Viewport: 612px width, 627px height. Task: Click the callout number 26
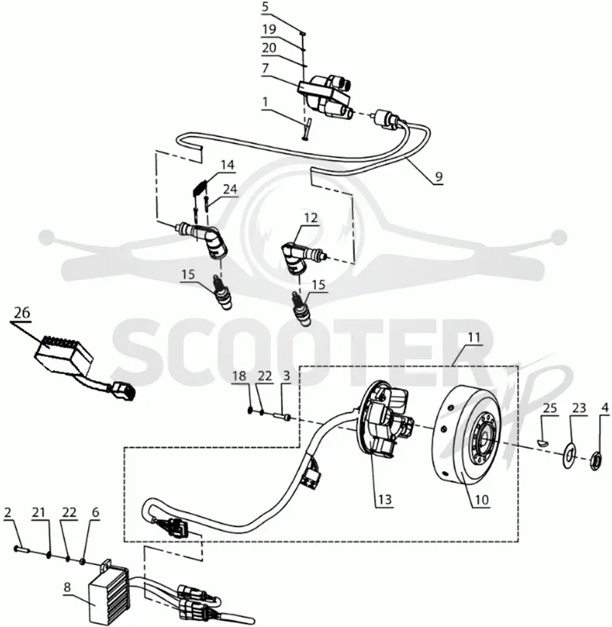tap(21, 313)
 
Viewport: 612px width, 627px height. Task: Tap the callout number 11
tap(474, 337)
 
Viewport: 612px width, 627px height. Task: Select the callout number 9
tap(438, 177)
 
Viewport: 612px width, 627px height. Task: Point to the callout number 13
tap(385, 499)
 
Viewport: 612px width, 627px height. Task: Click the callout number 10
tap(482, 499)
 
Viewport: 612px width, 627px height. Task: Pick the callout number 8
tap(67, 587)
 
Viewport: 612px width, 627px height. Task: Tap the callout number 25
tap(550, 408)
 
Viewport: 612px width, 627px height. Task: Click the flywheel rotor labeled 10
tap(466, 435)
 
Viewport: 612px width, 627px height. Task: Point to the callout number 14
tap(228, 164)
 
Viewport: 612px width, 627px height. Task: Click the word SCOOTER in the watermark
tap(301, 353)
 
